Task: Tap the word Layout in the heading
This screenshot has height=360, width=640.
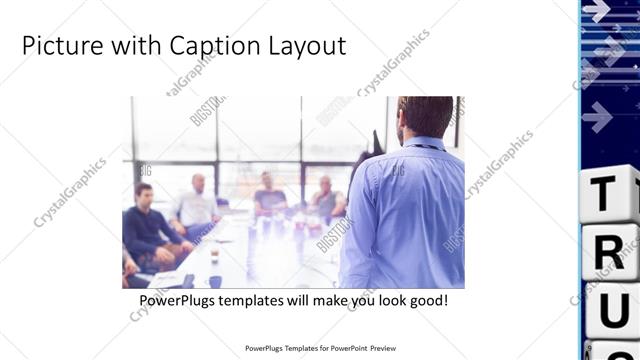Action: (x=310, y=46)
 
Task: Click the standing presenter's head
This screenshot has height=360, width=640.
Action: (x=425, y=118)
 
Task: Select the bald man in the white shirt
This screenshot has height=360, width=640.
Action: (x=195, y=205)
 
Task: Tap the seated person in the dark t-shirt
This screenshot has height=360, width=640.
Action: (x=269, y=195)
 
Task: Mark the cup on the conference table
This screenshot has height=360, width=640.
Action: (x=213, y=254)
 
